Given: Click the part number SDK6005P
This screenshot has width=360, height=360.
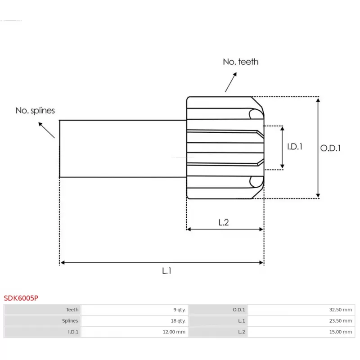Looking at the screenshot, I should coord(21,298).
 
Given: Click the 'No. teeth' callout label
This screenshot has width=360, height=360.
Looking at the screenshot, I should coord(241,62).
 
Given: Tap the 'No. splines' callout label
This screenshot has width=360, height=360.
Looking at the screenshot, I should coord(35,110).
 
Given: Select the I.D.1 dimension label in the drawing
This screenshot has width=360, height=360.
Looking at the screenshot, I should coord(295,147).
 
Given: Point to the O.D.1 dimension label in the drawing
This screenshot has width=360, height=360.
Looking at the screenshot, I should coord(330,148).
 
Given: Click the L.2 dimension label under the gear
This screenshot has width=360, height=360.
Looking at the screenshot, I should coord(224,222).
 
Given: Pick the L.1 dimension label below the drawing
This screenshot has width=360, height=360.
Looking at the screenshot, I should coord(166,270).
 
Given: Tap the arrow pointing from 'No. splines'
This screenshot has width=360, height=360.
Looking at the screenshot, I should coord(47,129).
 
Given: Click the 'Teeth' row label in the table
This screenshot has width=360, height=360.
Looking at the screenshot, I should coord(72,310).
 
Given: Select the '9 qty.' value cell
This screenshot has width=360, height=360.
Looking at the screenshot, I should coord(179,310).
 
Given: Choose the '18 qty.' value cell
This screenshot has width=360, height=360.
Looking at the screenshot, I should coord(178,321).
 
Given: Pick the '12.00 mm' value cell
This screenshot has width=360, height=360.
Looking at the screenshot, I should coord(174,332).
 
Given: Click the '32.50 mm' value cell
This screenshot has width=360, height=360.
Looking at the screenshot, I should coord(341,310).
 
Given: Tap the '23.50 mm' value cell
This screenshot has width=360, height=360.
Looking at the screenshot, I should coord(341,321).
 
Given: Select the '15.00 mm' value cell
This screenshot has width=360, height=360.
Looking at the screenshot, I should coord(341,332).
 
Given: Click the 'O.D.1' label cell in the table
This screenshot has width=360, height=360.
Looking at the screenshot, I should coord(238,310).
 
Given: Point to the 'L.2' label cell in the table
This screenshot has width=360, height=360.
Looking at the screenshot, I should coord(241,332).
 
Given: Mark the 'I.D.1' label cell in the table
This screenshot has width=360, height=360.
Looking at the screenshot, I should coord(72,332).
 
